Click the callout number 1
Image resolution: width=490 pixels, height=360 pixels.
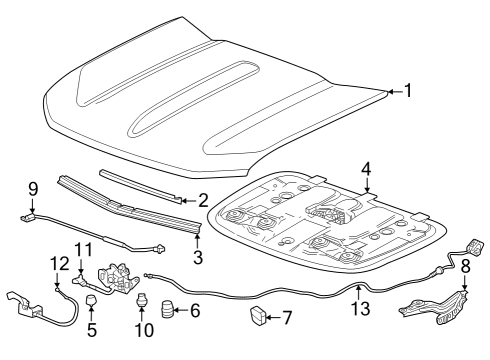[x=408, y=91]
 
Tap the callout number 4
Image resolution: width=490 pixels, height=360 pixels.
[x=366, y=169]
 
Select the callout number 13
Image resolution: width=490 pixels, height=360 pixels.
[x=361, y=309]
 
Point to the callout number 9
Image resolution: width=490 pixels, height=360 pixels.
[x=33, y=189]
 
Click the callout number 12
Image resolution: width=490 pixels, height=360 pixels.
[x=60, y=263]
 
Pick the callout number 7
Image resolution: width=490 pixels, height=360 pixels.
[x=287, y=318]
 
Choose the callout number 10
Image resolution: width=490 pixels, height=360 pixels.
[x=144, y=330]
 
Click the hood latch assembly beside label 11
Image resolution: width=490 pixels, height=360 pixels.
[x=118, y=278]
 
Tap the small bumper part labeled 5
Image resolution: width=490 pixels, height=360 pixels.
[x=91, y=301]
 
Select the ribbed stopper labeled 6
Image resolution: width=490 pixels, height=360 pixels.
[x=167, y=309]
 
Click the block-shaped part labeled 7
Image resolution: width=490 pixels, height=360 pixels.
[x=259, y=315]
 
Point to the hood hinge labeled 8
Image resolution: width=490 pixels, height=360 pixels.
[x=435, y=307]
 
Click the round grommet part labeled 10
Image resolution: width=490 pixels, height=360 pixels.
[x=142, y=299]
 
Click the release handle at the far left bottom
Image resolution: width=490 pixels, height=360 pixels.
[x=24, y=305]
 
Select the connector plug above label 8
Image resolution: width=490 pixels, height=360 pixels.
[x=475, y=247]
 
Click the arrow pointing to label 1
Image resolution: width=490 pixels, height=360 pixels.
[x=395, y=91]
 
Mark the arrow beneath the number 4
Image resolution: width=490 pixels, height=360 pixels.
[x=367, y=185]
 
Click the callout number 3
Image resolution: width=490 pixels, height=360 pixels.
[x=198, y=257]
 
